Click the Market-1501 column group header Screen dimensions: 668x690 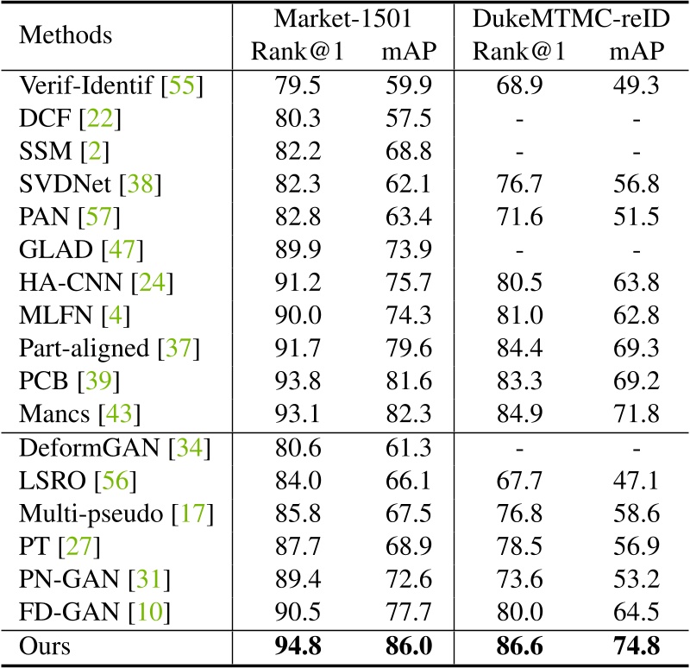pyautogui.click(x=344, y=19)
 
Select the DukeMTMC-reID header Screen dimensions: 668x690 pyautogui.click(x=568, y=19)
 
